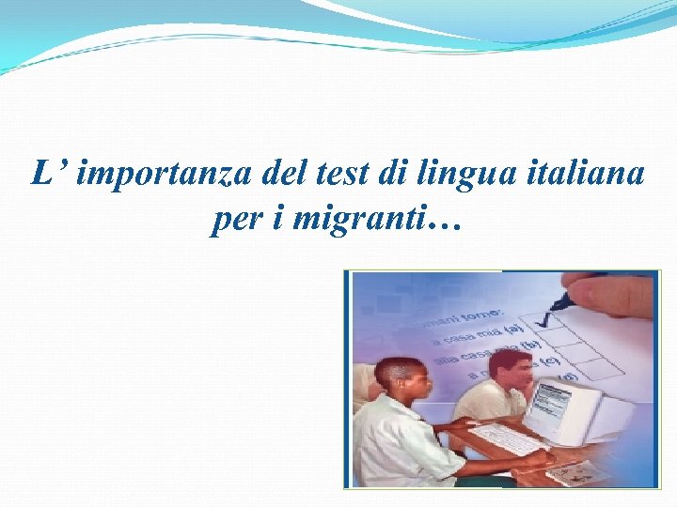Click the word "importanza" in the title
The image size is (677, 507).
coord(144,175)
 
